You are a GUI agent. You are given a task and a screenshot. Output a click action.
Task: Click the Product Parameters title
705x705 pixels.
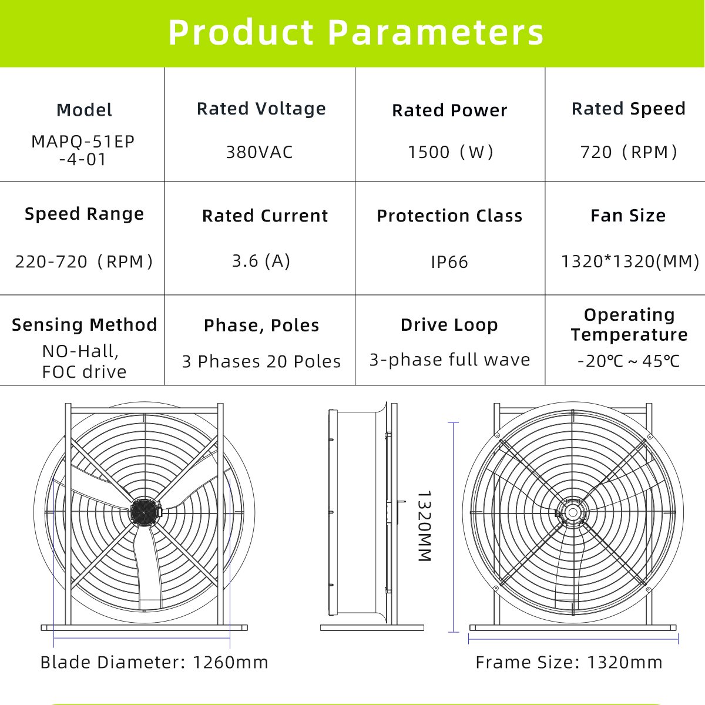click(x=355, y=33)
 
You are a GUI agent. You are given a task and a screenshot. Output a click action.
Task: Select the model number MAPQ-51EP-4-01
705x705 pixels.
click(x=83, y=150)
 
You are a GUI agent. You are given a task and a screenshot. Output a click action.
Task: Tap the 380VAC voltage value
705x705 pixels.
click(x=260, y=152)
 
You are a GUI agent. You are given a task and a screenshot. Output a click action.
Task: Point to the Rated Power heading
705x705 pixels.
click(x=449, y=110)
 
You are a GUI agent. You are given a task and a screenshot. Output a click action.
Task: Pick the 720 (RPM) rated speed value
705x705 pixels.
click(x=629, y=152)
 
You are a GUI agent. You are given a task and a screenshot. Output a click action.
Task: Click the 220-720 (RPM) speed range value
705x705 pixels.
click(x=84, y=261)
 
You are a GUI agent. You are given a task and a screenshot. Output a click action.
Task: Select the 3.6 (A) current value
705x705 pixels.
click(x=261, y=261)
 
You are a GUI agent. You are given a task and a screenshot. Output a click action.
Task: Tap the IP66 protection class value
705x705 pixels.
click(x=449, y=262)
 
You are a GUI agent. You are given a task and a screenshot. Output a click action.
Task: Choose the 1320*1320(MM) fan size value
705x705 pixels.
click(x=630, y=261)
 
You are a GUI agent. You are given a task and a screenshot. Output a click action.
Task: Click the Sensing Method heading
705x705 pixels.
click(x=85, y=325)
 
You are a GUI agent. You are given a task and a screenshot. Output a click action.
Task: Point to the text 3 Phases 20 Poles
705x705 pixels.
click(x=261, y=361)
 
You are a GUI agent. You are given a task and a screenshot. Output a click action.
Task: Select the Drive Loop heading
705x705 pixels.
click(x=449, y=325)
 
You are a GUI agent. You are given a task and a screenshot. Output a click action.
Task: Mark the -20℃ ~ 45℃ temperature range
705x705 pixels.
click(x=629, y=361)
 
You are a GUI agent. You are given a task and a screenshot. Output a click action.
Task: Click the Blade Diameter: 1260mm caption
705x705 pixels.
click(x=155, y=663)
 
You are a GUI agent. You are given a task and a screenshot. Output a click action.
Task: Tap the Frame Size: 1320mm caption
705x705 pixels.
click(x=569, y=663)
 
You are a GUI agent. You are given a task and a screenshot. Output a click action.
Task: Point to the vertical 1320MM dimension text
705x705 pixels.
click(x=424, y=526)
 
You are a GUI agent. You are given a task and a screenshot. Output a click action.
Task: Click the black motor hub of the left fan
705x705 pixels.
click(x=144, y=512)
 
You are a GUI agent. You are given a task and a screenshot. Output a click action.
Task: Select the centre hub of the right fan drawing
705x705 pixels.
click(x=573, y=512)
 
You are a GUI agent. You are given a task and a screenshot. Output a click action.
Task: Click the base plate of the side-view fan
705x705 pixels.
click(x=372, y=628)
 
